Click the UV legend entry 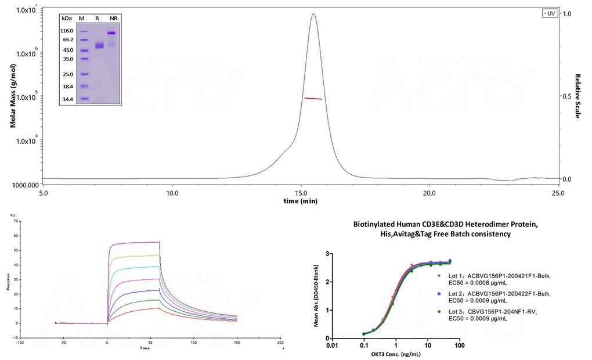(548, 13)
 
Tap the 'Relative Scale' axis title (578, 96)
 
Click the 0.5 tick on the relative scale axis (569, 96)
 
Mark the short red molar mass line (313, 99)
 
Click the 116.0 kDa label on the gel (67, 30)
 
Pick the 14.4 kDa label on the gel (67, 99)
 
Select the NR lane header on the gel (113, 19)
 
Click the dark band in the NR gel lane (111, 33)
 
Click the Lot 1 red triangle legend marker (439, 276)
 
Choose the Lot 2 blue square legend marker (439, 294)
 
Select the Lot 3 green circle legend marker (439, 312)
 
